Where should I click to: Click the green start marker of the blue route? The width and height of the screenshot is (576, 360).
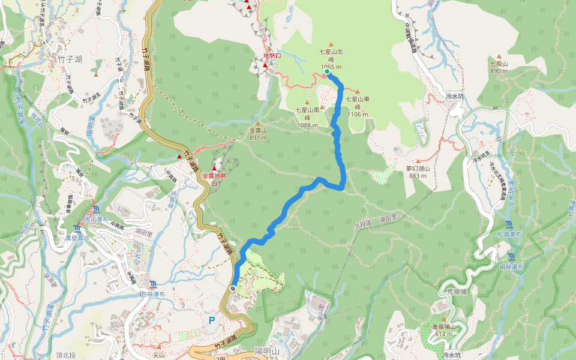[327, 71]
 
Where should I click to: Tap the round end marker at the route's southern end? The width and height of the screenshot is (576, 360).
[232, 288]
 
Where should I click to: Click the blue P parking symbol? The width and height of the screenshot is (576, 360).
[211, 320]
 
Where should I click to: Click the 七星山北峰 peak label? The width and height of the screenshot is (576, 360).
[331, 59]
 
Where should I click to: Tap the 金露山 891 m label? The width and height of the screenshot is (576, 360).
[257, 133]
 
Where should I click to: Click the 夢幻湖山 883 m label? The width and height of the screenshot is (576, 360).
[418, 172]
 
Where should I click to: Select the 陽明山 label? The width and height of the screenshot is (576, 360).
[267, 351]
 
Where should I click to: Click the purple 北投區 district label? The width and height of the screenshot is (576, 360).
[363, 224]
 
